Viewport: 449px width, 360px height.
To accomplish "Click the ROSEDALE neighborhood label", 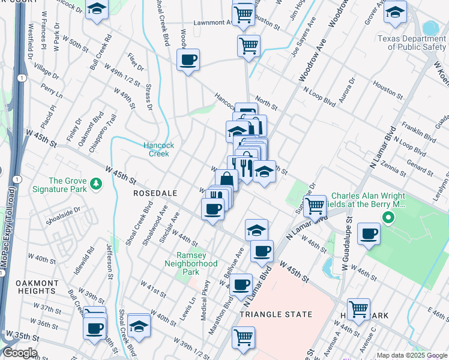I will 155,194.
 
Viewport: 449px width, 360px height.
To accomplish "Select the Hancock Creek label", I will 158,149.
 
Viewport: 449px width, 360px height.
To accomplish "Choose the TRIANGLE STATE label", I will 276,314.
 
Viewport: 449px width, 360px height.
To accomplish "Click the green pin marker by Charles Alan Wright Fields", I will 388,217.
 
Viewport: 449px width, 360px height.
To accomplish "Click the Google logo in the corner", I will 19,353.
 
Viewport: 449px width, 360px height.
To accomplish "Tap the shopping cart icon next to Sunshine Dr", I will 315,206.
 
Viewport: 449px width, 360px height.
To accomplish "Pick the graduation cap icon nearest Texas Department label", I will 394,11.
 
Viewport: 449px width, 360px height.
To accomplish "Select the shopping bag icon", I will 227,179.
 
